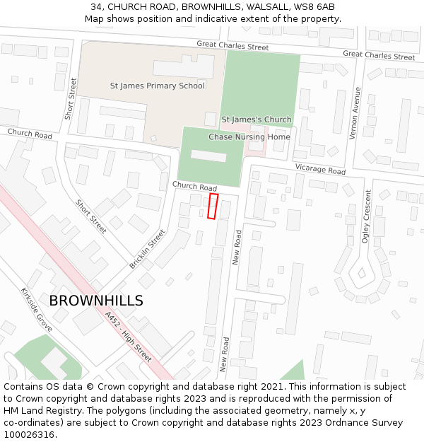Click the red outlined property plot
(213, 206)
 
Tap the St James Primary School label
(158, 86)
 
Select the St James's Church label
(257, 120)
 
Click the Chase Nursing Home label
(249, 137)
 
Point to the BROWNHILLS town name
(96, 301)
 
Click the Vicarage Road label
(320, 170)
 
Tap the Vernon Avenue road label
(358, 113)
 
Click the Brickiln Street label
(148, 248)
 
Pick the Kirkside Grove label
(36, 310)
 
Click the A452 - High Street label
(128, 337)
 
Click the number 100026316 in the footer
(29, 434)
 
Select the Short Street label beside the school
(71, 98)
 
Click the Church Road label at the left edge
(30, 134)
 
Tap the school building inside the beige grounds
(184, 67)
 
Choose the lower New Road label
(225, 354)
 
